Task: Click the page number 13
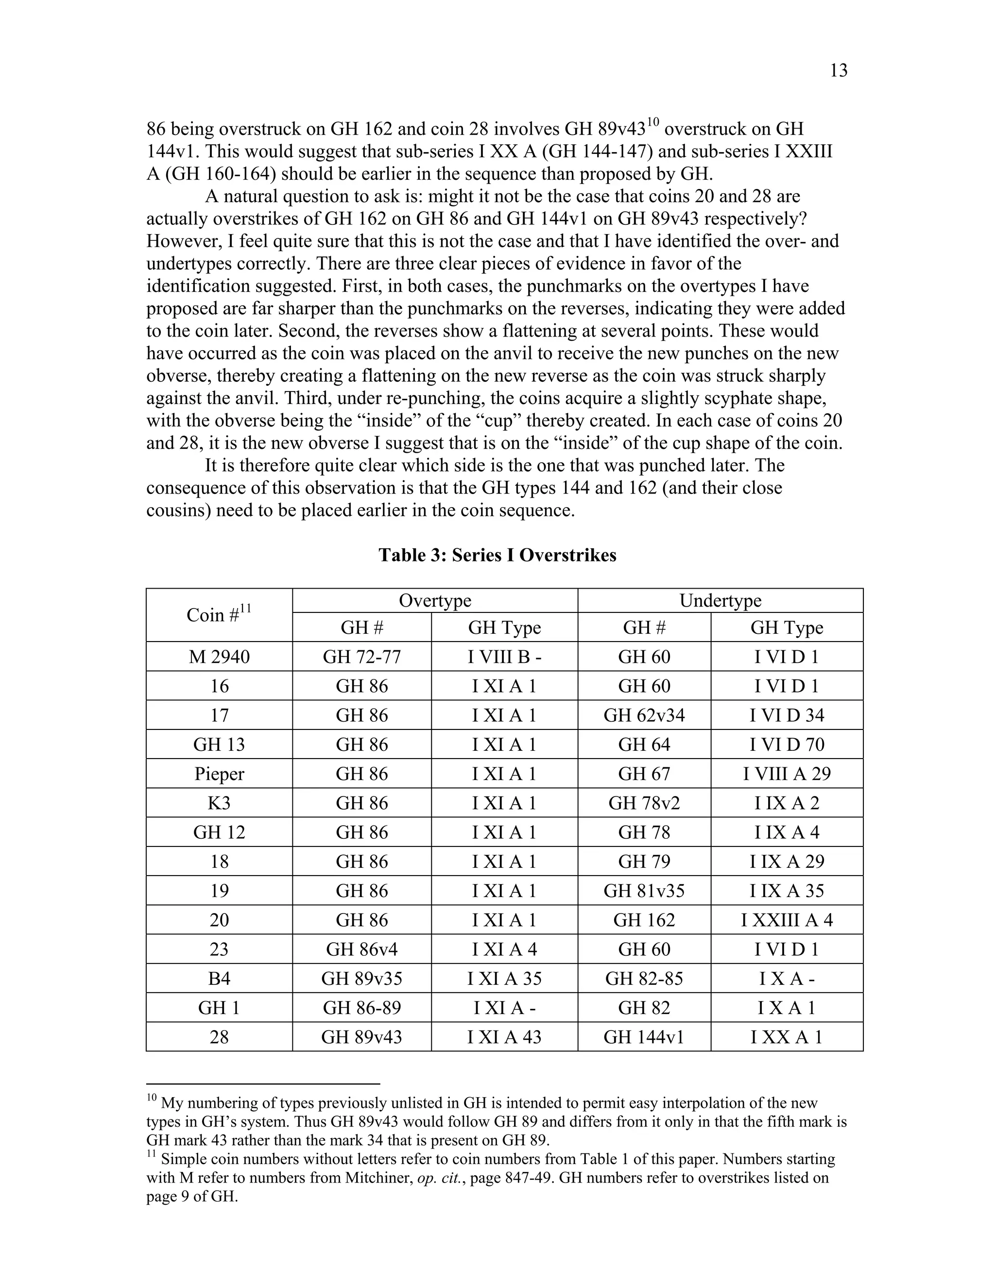pyautogui.click(x=838, y=71)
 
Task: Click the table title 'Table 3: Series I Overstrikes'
pyautogui.click(x=497, y=555)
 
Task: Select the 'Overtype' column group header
pyautogui.click(x=435, y=600)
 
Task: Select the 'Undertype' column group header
pyautogui.click(x=721, y=600)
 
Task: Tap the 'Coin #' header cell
pyautogui.click(x=219, y=615)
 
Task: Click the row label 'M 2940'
pyautogui.click(x=219, y=657)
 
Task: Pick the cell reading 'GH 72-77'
pyautogui.click(x=361, y=657)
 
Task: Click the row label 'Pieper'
pyautogui.click(x=219, y=774)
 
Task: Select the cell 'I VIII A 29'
pyautogui.click(x=787, y=774)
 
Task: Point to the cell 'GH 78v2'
pyautogui.click(x=644, y=803)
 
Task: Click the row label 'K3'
pyautogui.click(x=219, y=803)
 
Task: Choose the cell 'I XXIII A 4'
pyautogui.click(x=787, y=920)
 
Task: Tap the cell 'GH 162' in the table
pyautogui.click(x=644, y=920)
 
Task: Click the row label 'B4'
pyautogui.click(x=219, y=979)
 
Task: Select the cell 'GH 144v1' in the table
pyautogui.click(x=644, y=1037)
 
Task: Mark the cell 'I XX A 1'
pyautogui.click(x=787, y=1037)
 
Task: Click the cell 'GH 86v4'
pyautogui.click(x=361, y=949)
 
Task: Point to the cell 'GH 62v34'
pyautogui.click(x=644, y=715)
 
